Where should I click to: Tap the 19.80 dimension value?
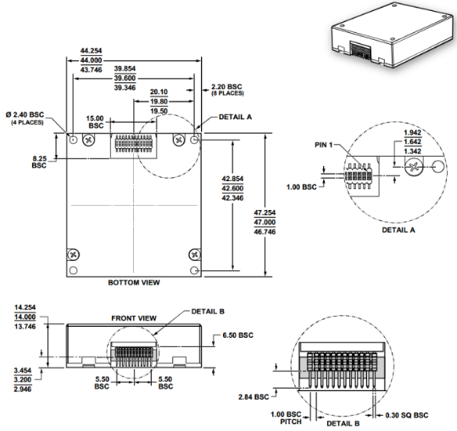tap(159, 102)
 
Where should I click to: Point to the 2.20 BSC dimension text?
tap(226, 87)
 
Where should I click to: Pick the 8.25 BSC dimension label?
tap(39, 162)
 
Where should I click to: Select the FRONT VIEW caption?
tap(134, 318)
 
